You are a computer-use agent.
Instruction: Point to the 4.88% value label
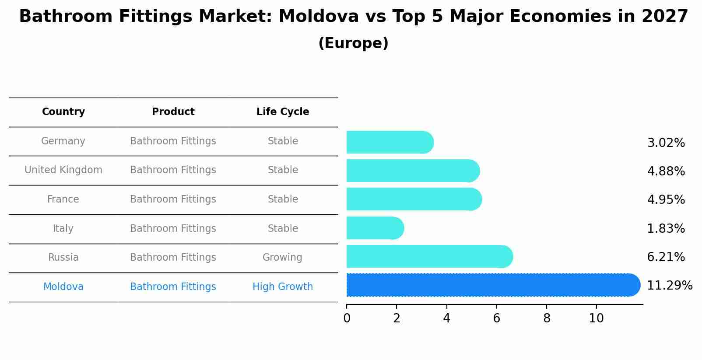pos(666,171)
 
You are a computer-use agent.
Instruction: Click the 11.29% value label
pos(669,286)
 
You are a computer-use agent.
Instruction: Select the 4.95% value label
pos(666,200)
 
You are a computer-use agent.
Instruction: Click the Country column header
pos(63,112)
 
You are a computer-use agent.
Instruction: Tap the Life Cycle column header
pos(283,112)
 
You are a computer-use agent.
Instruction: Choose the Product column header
pos(173,112)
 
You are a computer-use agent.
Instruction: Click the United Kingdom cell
pos(63,170)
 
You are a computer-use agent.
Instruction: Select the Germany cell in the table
pos(63,141)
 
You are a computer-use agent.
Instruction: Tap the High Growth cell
pos(283,287)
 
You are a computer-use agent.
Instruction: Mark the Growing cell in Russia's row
pos(282,258)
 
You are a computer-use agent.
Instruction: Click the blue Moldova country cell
pos(63,287)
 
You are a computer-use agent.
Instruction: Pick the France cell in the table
pos(63,199)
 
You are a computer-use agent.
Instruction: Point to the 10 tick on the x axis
pos(596,318)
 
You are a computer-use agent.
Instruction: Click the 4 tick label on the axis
pos(446,318)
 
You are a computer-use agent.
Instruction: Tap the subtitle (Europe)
pos(353,43)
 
